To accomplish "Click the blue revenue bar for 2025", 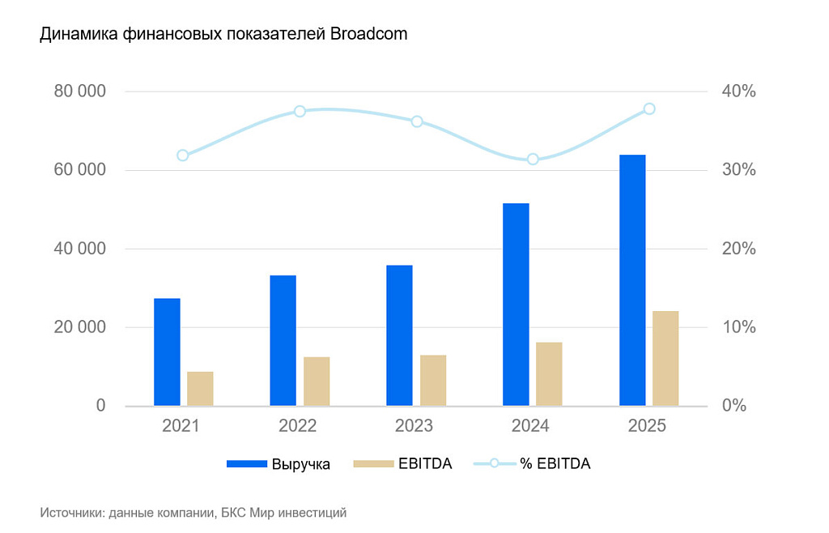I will pyautogui.click(x=632, y=279).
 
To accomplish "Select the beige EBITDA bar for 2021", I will pyautogui.click(x=200, y=388).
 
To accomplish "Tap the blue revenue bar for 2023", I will pyautogui.click(x=399, y=335).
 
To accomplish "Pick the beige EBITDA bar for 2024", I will pyautogui.click(x=549, y=373).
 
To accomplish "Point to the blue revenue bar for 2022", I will pyautogui.click(x=283, y=340).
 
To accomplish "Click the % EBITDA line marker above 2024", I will pyautogui.click(x=533, y=159).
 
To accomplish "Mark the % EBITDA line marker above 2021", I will pyautogui.click(x=183, y=156).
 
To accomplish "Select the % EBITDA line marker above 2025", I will pyautogui.click(x=649, y=109).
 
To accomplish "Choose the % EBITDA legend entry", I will pyautogui.click(x=555, y=464).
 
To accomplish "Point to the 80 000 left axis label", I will pyautogui.click(x=80, y=92).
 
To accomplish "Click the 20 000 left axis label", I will pyautogui.click(x=80, y=327).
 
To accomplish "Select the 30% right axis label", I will pyautogui.click(x=738, y=170).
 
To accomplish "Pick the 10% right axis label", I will pyautogui.click(x=738, y=327).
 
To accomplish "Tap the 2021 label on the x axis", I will pyautogui.click(x=182, y=426).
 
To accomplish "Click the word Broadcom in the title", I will pyautogui.click(x=368, y=35).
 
